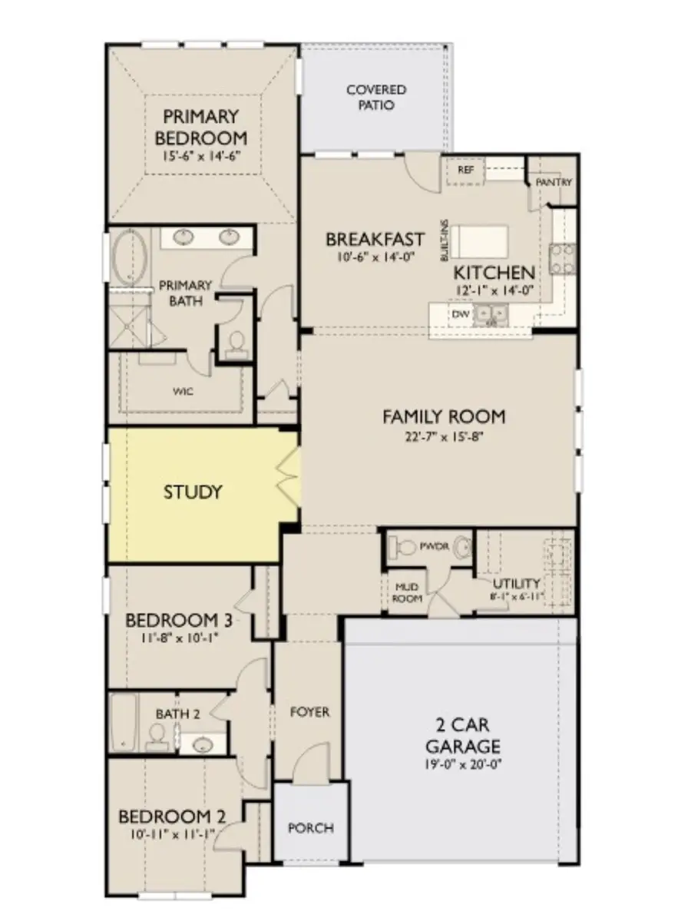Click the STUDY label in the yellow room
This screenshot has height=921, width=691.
coord(193,492)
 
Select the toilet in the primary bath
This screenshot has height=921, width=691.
coord(236,341)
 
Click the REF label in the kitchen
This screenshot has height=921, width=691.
coord(465,170)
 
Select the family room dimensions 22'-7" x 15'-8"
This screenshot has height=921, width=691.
coord(443,436)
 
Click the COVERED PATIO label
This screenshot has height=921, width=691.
coord(375,98)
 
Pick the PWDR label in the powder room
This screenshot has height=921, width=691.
coord(428,547)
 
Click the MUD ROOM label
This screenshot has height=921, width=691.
coord(408,592)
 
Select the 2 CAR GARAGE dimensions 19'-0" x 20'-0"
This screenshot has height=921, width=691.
coord(463,764)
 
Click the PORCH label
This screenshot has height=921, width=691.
coord(310,828)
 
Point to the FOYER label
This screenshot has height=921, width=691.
coord(309,712)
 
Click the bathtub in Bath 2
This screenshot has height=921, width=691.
coord(123,723)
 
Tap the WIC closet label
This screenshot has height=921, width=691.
coord(183,391)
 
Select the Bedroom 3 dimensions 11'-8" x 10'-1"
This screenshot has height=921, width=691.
coord(179,637)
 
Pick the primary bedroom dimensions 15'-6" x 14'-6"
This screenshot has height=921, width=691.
coord(201,156)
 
